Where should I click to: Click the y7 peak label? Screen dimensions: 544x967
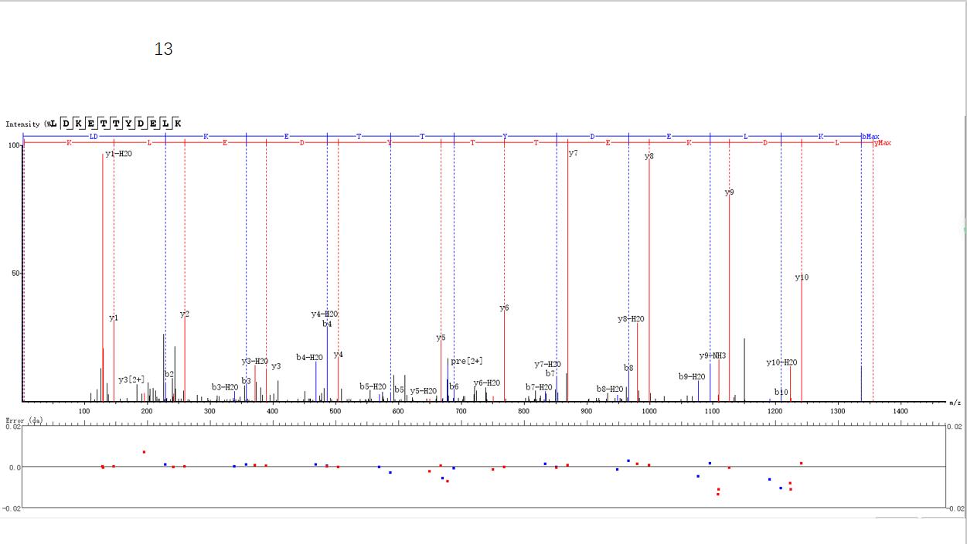573,154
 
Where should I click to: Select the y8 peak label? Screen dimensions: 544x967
649,157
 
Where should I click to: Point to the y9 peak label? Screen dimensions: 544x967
729,192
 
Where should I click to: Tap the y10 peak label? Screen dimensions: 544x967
802,277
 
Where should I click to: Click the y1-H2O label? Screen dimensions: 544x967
118,154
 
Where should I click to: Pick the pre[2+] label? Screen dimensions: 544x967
467,361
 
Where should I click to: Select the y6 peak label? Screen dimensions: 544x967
504,308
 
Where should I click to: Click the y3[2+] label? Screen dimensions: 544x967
131,379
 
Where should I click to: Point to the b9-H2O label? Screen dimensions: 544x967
692,376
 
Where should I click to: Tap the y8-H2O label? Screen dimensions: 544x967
631,319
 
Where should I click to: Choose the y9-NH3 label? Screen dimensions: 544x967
713,355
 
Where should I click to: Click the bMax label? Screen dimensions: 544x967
870,137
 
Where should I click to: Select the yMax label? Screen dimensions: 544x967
882,143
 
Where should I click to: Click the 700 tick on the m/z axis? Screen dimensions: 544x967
461,412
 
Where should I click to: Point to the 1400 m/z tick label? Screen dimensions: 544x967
900,412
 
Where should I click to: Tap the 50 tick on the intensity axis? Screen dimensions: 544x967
15,274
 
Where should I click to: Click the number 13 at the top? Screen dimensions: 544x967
163,49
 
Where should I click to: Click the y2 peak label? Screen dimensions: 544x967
185,314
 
